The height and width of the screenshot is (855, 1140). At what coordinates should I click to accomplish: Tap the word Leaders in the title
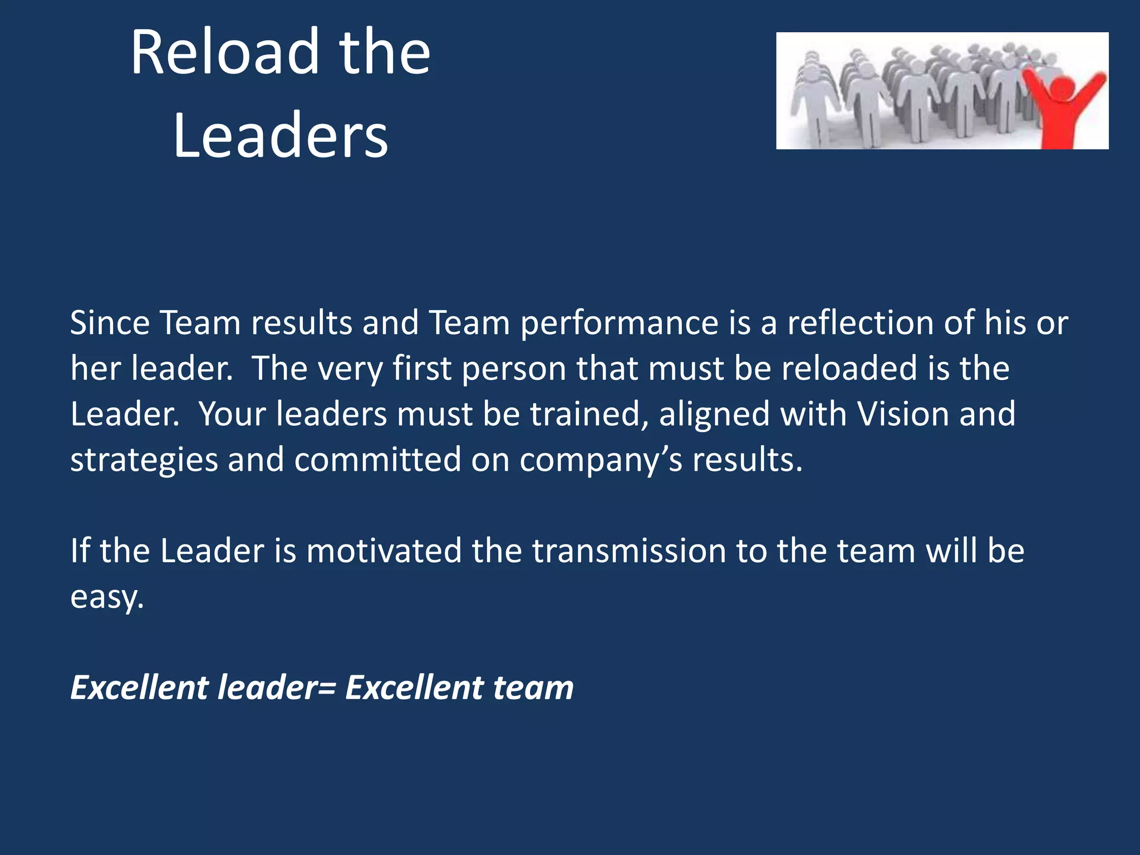280,136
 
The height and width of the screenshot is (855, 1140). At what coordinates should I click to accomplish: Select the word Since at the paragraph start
110,323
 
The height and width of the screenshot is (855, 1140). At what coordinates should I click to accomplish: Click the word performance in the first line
619,324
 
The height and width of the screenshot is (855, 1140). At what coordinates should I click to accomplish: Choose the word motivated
384,551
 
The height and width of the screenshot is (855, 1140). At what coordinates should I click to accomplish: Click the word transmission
629,551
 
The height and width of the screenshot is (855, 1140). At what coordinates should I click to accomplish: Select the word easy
107,598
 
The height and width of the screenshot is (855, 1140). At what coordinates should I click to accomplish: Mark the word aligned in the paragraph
714,415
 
